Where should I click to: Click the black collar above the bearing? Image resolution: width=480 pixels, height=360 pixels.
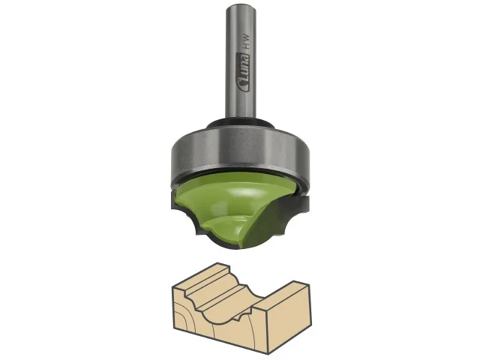241,124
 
